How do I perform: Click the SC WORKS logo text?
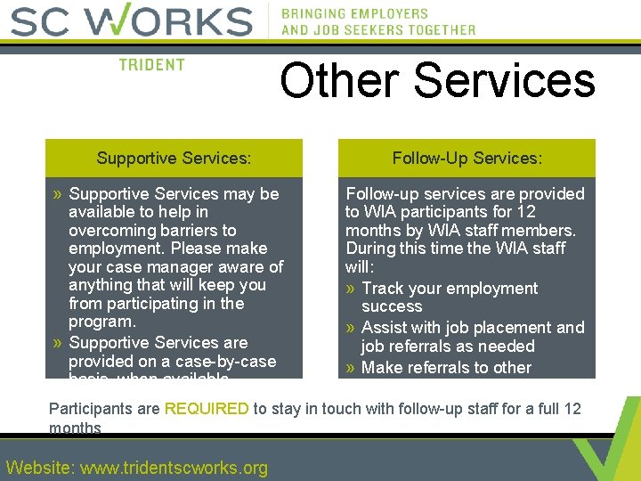[x=131, y=21]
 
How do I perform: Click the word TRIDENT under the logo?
[x=151, y=65]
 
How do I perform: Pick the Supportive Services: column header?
[x=174, y=159]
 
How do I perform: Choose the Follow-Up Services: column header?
[x=467, y=159]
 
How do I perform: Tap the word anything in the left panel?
[x=100, y=285]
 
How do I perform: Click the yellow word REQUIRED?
[x=207, y=409]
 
